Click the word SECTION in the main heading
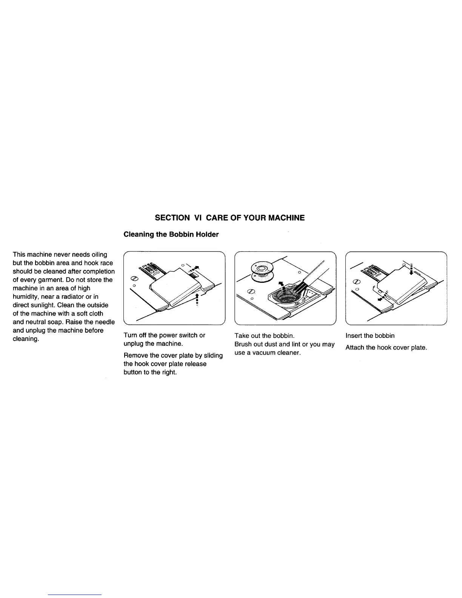[172, 218]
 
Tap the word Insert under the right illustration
[354, 336]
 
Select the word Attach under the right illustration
[355, 347]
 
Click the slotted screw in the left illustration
[133, 279]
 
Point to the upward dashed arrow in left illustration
[198, 300]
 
